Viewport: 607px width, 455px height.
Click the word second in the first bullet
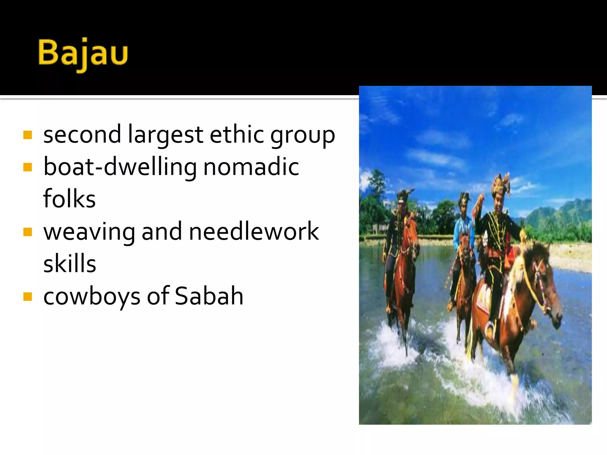[x=82, y=135]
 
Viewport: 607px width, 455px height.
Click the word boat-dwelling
[x=120, y=167]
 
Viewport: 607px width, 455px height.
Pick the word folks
[x=69, y=199]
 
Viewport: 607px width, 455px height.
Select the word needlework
[x=254, y=231]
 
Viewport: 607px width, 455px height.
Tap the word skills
[x=70, y=263]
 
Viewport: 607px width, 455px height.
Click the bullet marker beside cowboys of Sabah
[x=28, y=297]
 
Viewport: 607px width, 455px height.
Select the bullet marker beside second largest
[x=28, y=135]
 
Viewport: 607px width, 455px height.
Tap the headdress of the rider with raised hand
[x=501, y=184]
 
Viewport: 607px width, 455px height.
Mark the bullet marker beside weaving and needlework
[x=28, y=232]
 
